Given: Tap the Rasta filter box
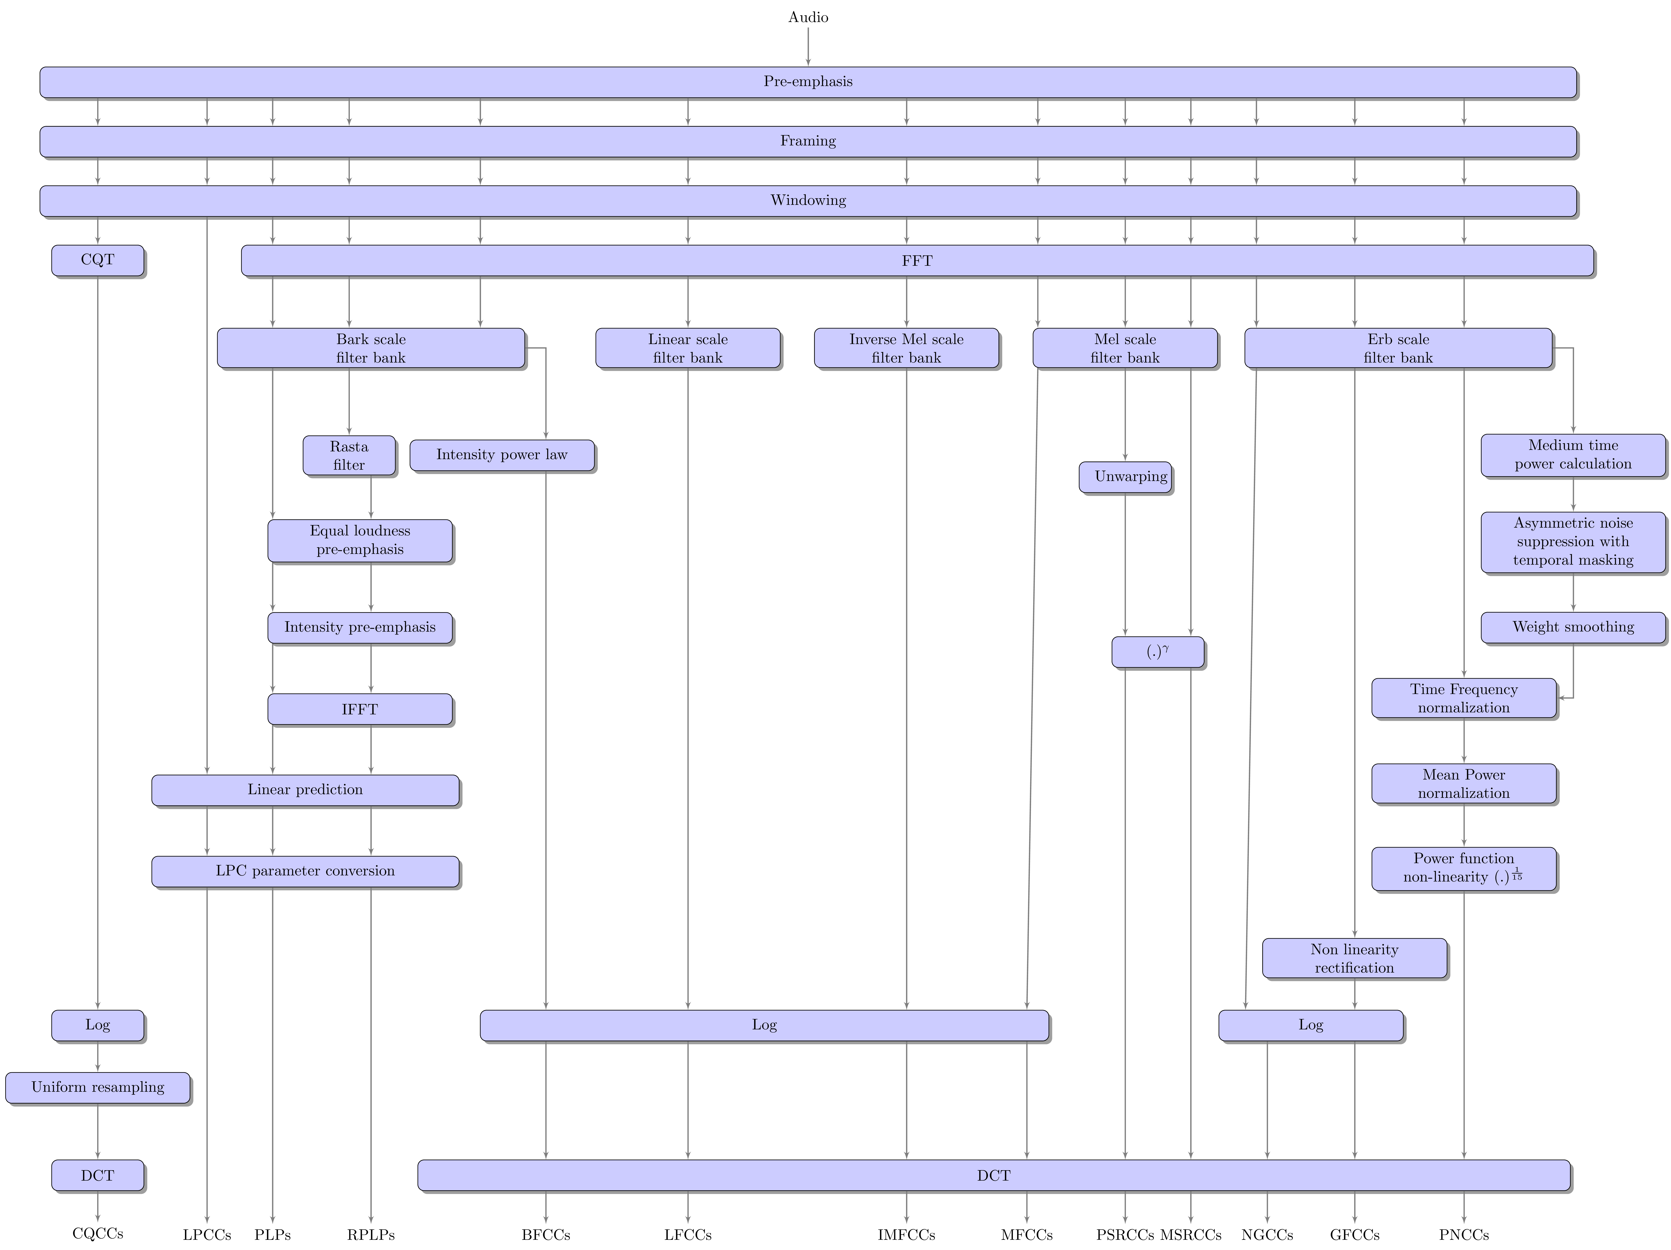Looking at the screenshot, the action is click(x=349, y=455).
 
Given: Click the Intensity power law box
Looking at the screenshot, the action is click(x=502, y=455).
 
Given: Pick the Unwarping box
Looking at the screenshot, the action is click(x=1126, y=477).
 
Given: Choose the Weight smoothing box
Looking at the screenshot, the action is click(x=1574, y=628).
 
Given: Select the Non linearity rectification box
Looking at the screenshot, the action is click(x=1354, y=959).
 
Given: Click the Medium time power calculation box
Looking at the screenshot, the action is click(x=1574, y=455).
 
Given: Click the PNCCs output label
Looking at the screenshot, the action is click(x=1464, y=1235).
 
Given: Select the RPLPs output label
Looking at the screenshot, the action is click(x=371, y=1235).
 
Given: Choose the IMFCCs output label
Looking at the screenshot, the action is click(x=907, y=1235).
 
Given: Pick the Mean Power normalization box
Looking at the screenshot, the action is click(x=1464, y=784).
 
